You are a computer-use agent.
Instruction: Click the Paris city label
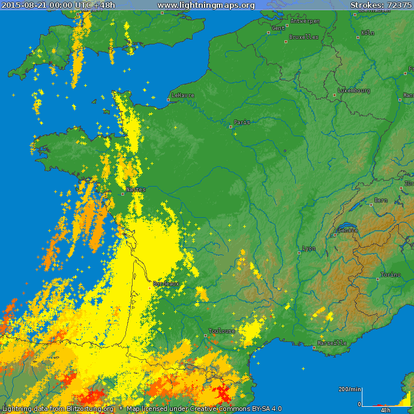pyautogui.click(x=242, y=122)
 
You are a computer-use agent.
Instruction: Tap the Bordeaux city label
pyautogui.click(x=166, y=283)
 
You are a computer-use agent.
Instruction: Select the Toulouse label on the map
pyautogui.click(x=222, y=331)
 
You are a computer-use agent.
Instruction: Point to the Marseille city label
pyautogui.click(x=332, y=343)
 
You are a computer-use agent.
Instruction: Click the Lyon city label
pyautogui.click(x=309, y=248)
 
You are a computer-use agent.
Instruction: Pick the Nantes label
pyautogui.click(x=136, y=190)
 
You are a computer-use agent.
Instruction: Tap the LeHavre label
pyautogui.click(x=182, y=95)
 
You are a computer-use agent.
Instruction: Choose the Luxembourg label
pyautogui.click(x=353, y=91)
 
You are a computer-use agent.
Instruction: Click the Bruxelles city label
pyautogui.click(x=304, y=37)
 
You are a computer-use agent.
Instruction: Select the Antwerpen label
pyautogui.click(x=305, y=21)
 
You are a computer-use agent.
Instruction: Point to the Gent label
pyautogui.click(x=278, y=28)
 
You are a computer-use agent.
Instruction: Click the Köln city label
pyautogui.click(x=368, y=33)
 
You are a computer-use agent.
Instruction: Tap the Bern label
pyautogui.click(x=380, y=200)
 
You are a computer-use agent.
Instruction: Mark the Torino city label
pyautogui.click(x=390, y=275)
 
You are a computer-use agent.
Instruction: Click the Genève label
pyautogui.click(x=348, y=230)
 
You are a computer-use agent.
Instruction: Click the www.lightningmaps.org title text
pyautogui.click(x=206, y=5)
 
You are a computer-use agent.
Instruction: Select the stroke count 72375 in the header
pyautogui.click(x=398, y=5)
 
